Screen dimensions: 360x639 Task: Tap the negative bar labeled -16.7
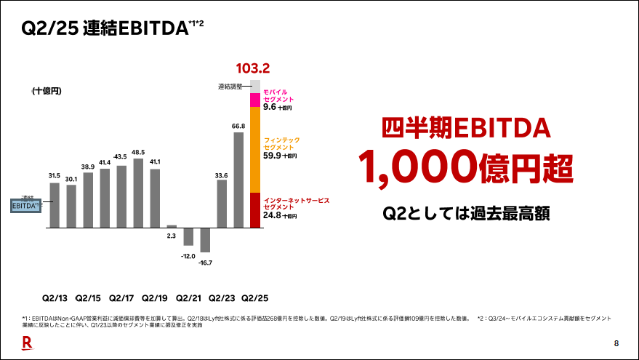coord(205,240)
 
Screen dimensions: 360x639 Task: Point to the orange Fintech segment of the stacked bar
coord(255,150)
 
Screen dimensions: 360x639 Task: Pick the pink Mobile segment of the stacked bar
coord(255,100)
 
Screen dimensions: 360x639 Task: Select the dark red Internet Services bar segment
coord(255,210)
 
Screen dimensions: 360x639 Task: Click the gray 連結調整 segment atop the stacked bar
coord(255,87)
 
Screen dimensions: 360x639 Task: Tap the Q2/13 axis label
coord(55,298)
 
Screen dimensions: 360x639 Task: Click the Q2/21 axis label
coord(188,298)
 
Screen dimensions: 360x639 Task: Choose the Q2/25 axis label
coord(255,298)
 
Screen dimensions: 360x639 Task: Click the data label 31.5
coord(55,175)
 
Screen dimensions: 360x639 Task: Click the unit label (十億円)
coord(47,91)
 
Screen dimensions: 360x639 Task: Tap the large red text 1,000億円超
coord(465,167)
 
